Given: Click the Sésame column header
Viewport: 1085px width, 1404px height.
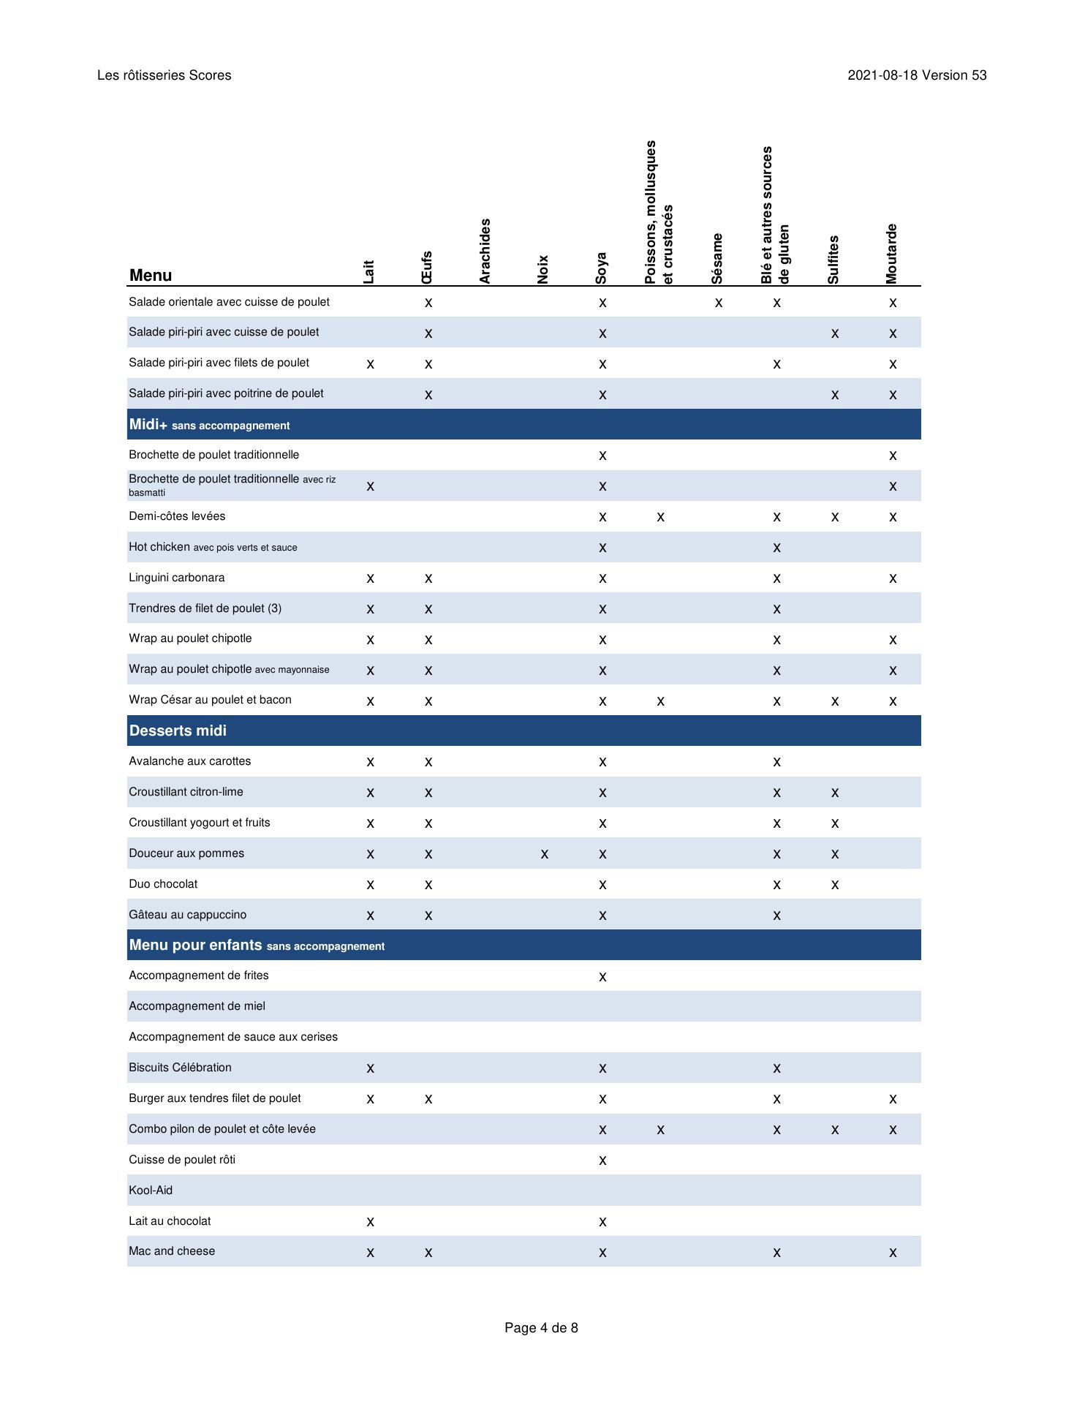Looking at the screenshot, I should [717, 258].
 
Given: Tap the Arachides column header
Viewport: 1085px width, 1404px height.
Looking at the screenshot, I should [485, 251].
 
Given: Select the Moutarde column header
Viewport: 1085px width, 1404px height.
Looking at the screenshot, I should [891, 254].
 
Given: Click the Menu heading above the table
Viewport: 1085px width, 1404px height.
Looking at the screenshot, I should [151, 276].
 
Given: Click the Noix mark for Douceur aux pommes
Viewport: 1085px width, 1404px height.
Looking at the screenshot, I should [544, 854].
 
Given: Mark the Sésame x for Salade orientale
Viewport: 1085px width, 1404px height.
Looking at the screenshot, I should [719, 303].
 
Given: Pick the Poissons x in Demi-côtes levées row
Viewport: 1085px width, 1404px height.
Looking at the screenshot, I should [660, 517].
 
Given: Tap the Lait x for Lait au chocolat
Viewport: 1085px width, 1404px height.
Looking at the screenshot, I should [370, 1221].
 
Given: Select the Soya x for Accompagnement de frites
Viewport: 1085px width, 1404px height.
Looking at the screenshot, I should [602, 977].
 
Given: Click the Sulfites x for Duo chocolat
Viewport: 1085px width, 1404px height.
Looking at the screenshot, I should [834, 885].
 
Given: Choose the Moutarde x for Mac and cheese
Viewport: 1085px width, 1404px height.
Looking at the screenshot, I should [893, 1253].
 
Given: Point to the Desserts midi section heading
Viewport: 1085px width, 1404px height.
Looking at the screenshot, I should [178, 731].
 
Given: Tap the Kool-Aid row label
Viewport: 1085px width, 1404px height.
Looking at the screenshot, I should [151, 1190].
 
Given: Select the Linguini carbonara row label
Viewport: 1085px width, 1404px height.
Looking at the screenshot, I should [177, 578].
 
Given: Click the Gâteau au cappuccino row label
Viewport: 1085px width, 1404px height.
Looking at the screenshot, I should [188, 915].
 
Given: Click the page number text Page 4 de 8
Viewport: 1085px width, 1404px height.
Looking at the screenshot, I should [541, 1327].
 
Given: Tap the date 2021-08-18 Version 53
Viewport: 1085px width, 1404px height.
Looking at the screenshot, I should [917, 75].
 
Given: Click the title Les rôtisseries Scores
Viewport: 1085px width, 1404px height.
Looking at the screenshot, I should [165, 75].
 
